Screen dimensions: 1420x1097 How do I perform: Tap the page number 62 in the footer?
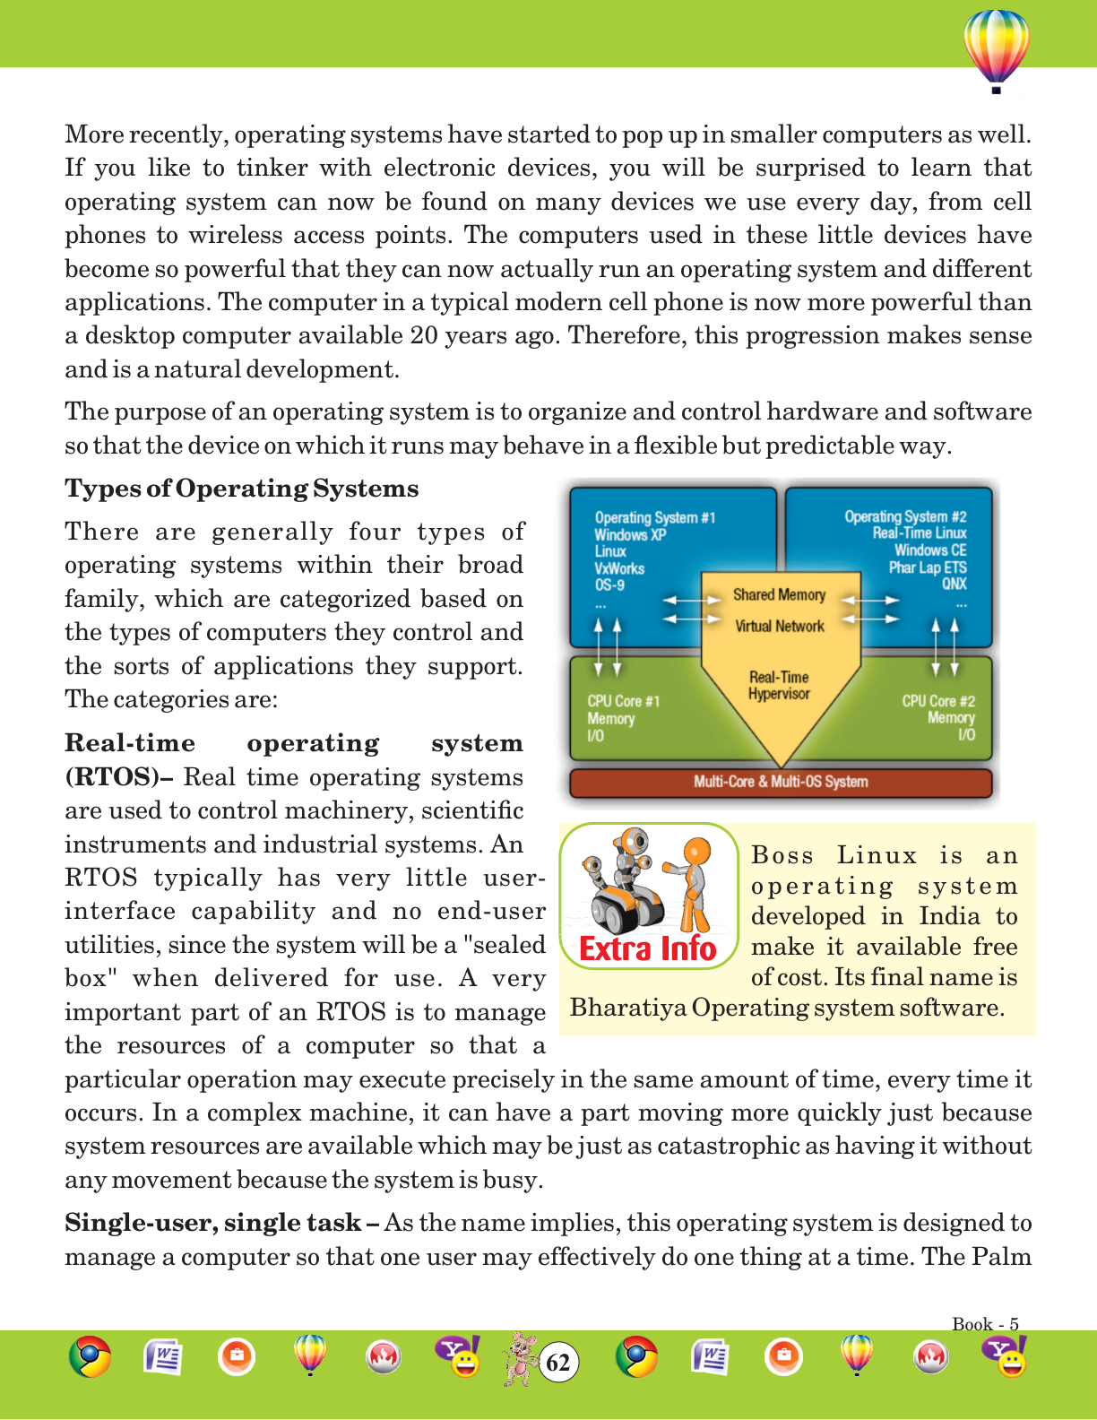click(558, 1363)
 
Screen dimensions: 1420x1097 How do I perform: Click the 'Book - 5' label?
click(985, 1324)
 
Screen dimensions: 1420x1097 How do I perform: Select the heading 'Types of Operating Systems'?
click(241, 489)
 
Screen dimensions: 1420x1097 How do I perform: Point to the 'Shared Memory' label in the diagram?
click(779, 594)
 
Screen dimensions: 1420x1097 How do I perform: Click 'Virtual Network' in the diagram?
click(779, 626)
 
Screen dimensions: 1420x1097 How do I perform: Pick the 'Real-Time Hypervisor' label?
click(779, 686)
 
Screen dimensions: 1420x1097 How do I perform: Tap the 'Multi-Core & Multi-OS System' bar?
click(781, 782)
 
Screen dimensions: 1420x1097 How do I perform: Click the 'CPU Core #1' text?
click(623, 701)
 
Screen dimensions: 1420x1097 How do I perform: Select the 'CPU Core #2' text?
click(938, 701)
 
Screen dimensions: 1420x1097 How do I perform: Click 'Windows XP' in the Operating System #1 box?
click(630, 535)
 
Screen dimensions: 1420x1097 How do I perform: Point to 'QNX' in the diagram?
click(954, 584)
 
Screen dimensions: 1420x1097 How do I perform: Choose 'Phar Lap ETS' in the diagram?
click(928, 567)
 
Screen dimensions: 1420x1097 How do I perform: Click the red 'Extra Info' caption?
click(648, 948)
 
